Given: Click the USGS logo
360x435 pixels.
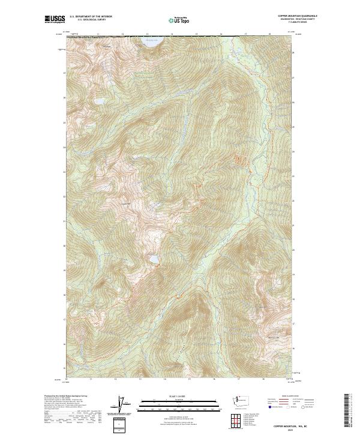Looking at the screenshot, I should click(x=55, y=19).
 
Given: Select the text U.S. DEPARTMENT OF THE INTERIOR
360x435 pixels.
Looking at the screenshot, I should click(x=91, y=17).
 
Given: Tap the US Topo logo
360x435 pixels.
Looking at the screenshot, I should click(x=179, y=20).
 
